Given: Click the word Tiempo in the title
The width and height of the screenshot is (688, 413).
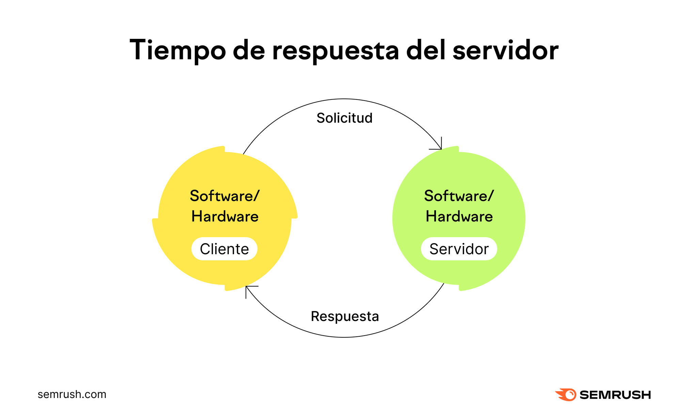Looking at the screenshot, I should click(x=177, y=50).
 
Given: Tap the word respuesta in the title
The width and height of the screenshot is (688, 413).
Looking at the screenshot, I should click(x=335, y=51).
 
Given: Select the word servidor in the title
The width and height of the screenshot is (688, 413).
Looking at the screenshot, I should click(x=505, y=50).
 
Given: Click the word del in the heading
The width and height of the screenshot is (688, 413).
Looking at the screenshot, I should click(x=426, y=50).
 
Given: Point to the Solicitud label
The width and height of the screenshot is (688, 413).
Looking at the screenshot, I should click(x=344, y=118).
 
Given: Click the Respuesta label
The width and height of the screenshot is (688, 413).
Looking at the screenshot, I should click(x=345, y=316).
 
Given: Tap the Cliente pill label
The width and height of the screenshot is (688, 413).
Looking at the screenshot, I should click(x=224, y=249).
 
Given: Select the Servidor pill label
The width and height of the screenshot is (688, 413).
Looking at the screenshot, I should click(x=459, y=249).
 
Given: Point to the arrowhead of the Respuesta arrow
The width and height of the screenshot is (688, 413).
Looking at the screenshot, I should click(x=248, y=288).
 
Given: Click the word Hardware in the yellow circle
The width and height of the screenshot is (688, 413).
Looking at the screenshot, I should click(x=225, y=216).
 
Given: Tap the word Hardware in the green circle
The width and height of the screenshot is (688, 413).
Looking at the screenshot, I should click(x=459, y=216).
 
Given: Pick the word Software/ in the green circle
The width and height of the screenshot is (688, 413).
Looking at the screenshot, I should click(x=459, y=196).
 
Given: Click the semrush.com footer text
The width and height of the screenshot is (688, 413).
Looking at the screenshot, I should click(x=72, y=394).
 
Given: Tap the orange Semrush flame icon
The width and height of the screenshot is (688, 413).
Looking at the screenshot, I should click(x=566, y=395).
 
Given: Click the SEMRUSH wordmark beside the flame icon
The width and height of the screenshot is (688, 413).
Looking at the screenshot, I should click(x=615, y=395).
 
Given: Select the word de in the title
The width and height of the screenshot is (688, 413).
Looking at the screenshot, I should click(x=249, y=50).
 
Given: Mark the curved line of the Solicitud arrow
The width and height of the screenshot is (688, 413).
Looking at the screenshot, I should click(x=344, y=99).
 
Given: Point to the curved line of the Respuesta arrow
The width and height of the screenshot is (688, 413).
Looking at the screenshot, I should click(x=344, y=337).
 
